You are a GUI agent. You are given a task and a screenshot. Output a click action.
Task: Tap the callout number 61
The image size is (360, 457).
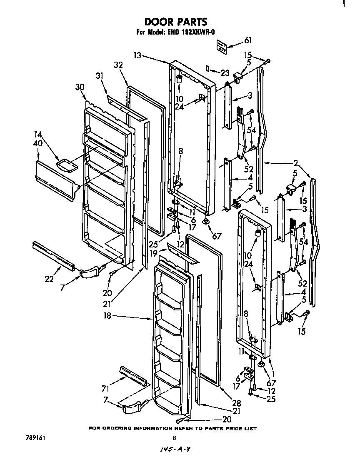point(248,40)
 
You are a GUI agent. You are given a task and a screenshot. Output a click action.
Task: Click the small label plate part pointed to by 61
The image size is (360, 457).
point(222,47)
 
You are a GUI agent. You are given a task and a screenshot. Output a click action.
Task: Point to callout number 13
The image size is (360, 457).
point(138,55)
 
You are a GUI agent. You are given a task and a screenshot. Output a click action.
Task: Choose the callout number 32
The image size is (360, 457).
point(118,65)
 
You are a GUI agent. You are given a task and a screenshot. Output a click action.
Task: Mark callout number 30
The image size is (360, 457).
point(80,87)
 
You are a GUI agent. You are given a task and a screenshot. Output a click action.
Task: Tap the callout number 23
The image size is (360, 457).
point(225,73)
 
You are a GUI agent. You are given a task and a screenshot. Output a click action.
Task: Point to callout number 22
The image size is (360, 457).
point(49,279)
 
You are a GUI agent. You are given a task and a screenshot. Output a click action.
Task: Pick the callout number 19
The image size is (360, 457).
point(154,252)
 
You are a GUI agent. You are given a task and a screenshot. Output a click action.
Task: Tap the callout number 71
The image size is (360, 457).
point(105,389)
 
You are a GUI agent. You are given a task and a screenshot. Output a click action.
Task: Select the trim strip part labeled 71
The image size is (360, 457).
point(133,376)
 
